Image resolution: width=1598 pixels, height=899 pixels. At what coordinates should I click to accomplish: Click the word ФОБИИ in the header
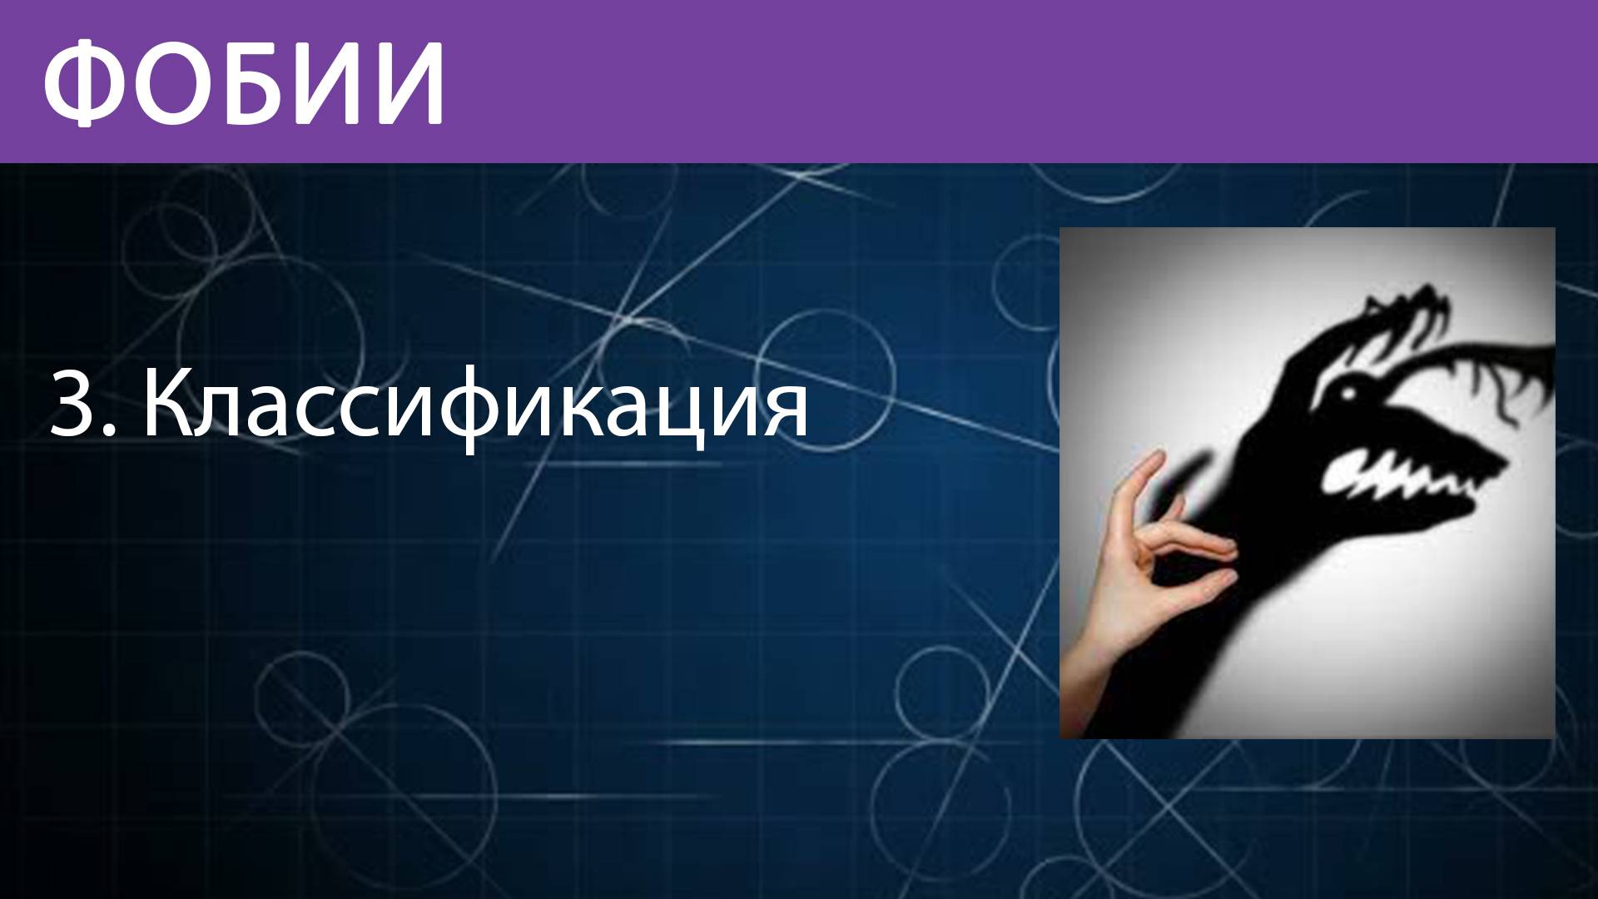243,81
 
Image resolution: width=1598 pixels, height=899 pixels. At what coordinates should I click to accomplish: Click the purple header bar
999,81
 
